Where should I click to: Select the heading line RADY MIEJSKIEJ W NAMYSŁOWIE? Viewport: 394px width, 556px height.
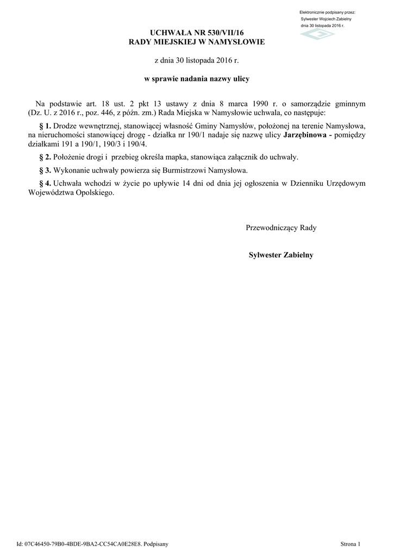click(x=196, y=42)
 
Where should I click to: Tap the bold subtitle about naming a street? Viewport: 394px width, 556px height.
click(x=196, y=79)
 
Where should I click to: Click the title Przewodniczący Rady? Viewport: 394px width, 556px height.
click(x=281, y=228)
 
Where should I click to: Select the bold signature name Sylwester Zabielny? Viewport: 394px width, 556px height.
click(x=281, y=255)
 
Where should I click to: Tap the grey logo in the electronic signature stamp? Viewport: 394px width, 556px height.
click(x=318, y=34)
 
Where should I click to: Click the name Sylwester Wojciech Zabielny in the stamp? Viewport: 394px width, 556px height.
click(x=326, y=19)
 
